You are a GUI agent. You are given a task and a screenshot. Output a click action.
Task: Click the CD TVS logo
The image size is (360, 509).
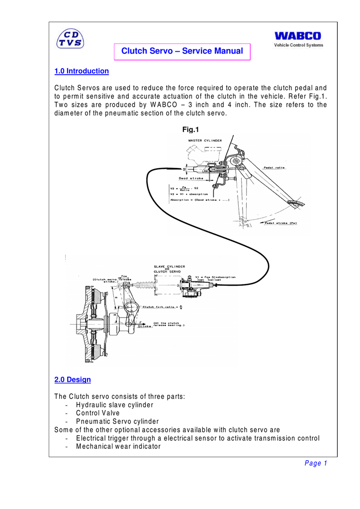[70, 38]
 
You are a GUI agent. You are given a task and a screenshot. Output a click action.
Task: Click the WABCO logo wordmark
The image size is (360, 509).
[298, 36]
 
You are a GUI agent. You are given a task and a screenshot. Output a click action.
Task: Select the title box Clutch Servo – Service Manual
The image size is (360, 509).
[182, 51]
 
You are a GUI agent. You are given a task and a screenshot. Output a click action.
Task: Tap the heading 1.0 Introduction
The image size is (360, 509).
[82, 71]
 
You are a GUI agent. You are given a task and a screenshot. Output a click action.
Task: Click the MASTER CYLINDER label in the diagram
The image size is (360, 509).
[205, 141]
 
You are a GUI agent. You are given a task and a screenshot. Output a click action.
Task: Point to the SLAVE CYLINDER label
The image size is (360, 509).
[169, 266]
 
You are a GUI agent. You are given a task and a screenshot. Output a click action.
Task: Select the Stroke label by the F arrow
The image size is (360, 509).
[144, 327]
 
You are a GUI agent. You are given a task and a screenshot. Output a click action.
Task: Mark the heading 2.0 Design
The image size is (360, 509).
[73, 380]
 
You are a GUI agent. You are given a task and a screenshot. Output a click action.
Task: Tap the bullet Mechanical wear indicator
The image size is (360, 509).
[118, 446]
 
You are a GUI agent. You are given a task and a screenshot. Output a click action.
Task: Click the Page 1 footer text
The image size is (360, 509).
[316, 464]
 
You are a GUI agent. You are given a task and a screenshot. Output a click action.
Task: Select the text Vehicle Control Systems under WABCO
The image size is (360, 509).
[299, 45]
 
